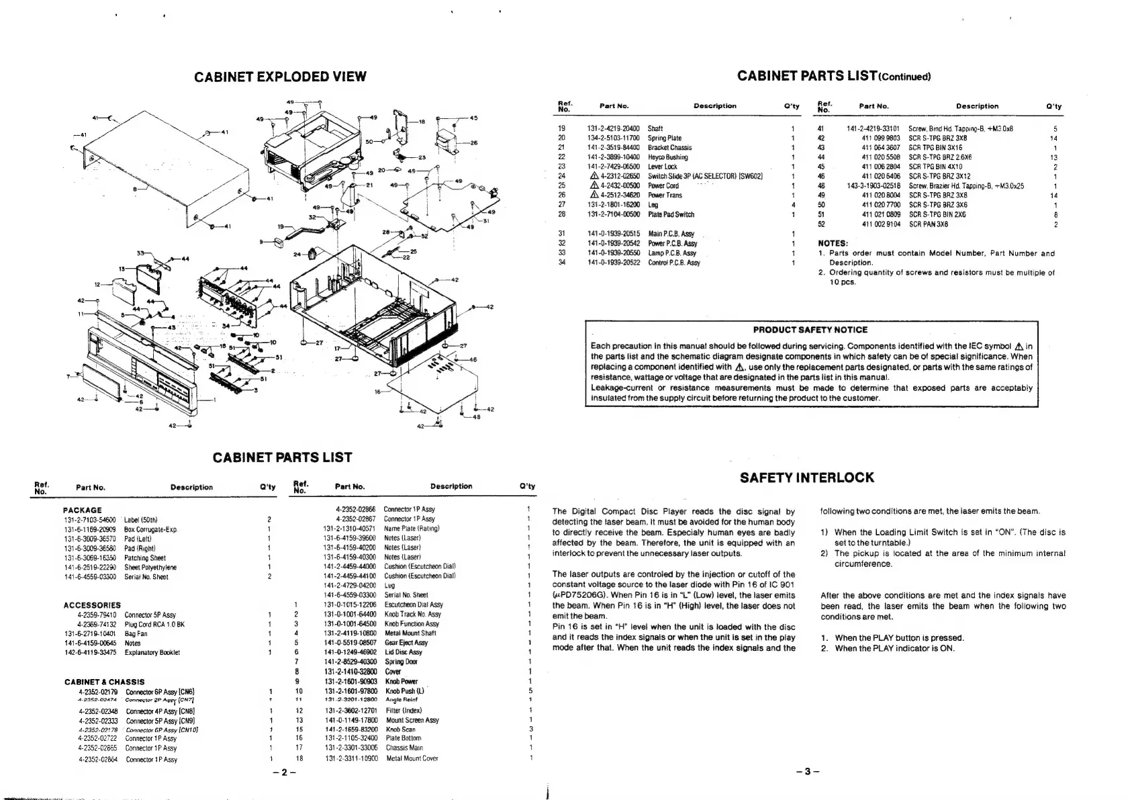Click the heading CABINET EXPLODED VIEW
pos(280,77)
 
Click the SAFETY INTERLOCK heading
pos(806,478)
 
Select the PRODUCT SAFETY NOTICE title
pos(810,330)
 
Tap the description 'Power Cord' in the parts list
pos(663,186)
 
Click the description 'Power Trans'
pos(665,195)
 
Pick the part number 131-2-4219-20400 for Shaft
pos(613,128)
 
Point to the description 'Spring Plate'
pos(665,138)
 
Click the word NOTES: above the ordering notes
pos(833,243)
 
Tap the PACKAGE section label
pos(82,510)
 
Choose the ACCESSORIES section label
pos(92,605)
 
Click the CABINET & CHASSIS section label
pos(104,682)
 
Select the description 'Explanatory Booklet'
pos(152,652)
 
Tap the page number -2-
pos(285,772)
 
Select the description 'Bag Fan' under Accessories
pos(136,633)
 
